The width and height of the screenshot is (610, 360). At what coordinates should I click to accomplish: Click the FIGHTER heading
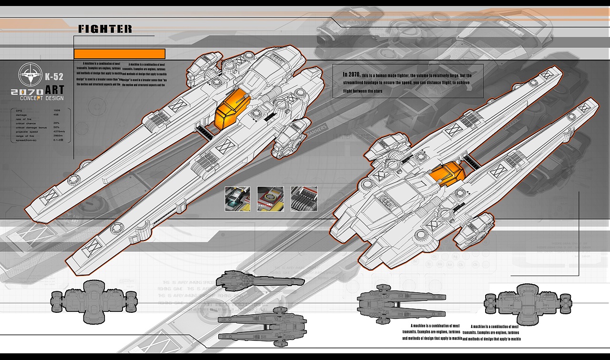[x=105, y=29]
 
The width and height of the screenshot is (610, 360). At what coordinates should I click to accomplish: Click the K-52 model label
[x=53, y=76]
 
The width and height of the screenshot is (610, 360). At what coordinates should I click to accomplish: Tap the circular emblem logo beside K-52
[x=30, y=75]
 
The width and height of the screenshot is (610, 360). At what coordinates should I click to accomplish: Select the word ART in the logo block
[x=54, y=90]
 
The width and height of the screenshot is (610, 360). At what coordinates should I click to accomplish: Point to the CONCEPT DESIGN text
[x=41, y=98]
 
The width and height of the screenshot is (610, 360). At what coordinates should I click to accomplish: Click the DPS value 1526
[x=57, y=111]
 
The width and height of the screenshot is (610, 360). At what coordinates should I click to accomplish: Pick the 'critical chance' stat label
[x=27, y=123]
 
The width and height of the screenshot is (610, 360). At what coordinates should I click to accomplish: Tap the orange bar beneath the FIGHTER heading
[x=119, y=53]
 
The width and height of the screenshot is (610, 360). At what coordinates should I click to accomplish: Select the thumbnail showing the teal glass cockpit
[x=237, y=199]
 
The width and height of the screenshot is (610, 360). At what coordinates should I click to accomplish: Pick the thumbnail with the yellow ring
[x=270, y=199]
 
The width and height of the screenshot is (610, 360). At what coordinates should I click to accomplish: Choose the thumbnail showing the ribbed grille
[x=304, y=199]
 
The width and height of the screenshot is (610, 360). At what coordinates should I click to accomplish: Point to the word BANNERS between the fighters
[x=317, y=131]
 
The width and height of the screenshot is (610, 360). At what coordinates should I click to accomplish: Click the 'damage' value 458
[x=56, y=114]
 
